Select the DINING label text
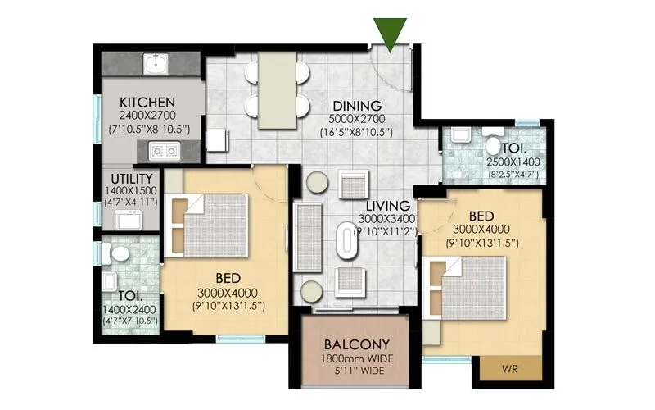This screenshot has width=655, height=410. click(x=357, y=106)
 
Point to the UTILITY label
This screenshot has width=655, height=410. click(x=132, y=178)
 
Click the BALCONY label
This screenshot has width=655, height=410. click(x=355, y=344)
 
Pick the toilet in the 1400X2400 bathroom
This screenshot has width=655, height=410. click(x=117, y=253)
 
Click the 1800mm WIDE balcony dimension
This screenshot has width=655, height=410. click(x=355, y=358)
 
